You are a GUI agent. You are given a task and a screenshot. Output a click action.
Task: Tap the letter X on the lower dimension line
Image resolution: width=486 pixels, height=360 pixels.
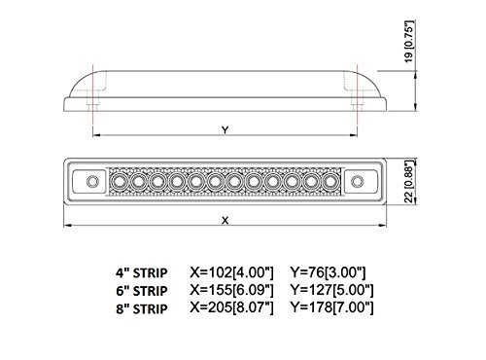click(225, 220)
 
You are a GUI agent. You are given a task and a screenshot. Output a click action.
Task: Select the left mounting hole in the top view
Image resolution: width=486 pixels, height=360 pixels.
click(93, 180)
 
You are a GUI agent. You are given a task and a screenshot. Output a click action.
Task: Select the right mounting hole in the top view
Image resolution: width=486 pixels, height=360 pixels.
click(356, 180)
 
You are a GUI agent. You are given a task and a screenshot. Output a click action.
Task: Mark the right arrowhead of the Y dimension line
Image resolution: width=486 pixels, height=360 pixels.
click(352, 135)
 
